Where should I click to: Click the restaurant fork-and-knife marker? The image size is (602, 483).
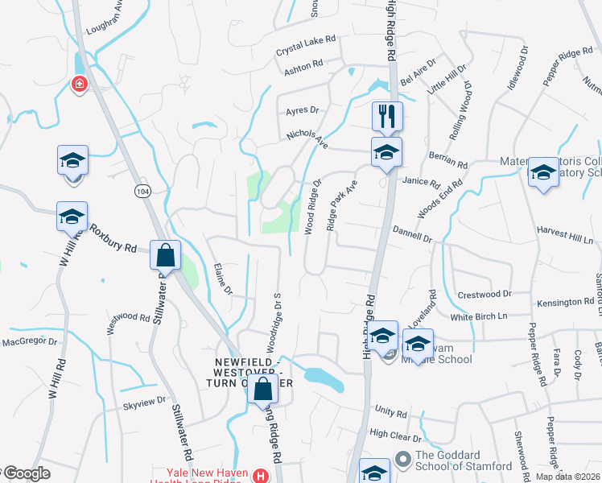tap(387, 117)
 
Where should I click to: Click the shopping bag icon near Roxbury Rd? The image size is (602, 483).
tap(165, 256)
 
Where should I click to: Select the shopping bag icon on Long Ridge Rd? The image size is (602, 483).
tap(263, 390)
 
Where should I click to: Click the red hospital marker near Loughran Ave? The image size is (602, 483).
tap(79, 83)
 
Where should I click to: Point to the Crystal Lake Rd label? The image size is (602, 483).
tap(306, 45)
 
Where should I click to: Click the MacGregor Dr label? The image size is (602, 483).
tap(31, 341)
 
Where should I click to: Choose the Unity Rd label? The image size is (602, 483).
tap(390, 413)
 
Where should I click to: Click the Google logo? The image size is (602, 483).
tap(26, 473)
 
